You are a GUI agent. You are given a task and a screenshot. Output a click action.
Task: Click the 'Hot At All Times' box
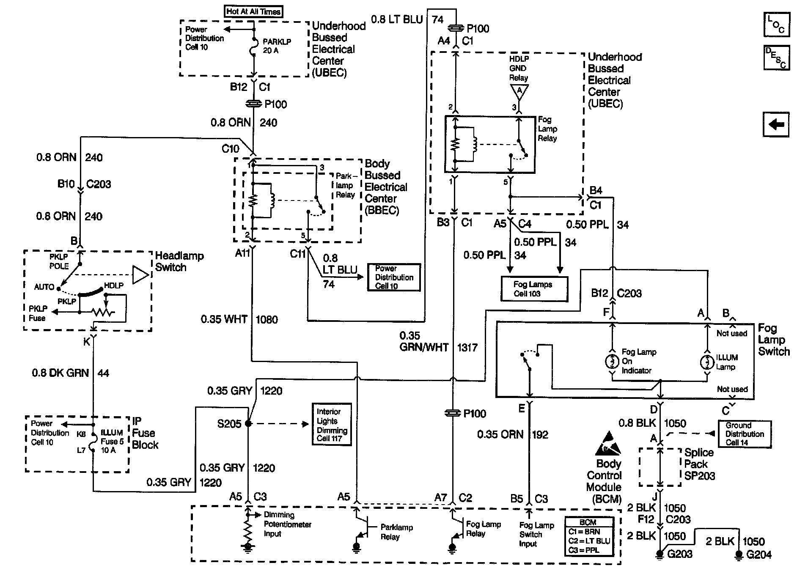pyautogui.click(x=253, y=12)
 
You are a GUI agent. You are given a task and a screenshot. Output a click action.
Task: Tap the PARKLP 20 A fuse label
pyautogui.click(x=277, y=46)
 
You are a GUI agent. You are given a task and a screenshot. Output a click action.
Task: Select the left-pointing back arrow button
pyautogui.click(x=776, y=125)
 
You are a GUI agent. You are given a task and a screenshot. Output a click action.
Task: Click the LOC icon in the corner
pyautogui.click(x=776, y=25)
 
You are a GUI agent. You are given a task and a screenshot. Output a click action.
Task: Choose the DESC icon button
pyautogui.click(x=776, y=58)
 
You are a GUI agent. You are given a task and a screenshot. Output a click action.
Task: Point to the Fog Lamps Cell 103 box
pyautogui.click(x=534, y=289)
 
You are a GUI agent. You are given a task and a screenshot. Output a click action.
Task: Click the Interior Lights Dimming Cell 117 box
pyautogui.click(x=331, y=424)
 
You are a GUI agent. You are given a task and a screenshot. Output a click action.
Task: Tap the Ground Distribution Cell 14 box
pyautogui.click(x=745, y=434)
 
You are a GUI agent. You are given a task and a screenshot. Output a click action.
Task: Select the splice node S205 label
pyautogui.click(x=229, y=424)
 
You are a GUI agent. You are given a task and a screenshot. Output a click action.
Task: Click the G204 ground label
pyautogui.click(x=759, y=555)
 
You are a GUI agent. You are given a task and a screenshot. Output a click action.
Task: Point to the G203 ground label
pyautogui.click(x=679, y=554)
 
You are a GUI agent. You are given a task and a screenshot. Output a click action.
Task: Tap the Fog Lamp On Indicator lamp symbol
pyautogui.click(x=612, y=362)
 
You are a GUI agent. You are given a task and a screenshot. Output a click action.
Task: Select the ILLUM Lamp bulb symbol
pyautogui.click(x=707, y=362)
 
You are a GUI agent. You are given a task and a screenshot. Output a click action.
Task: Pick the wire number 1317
pyautogui.click(x=467, y=348)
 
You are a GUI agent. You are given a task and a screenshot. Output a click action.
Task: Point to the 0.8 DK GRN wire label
pyautogui.click(x=60, y=373)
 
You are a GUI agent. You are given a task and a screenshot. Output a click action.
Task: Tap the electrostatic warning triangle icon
pyautogui.click(x=608, y=444)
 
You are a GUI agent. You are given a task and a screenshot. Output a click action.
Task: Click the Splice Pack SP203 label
pyautogui.click(x=700, y=464)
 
